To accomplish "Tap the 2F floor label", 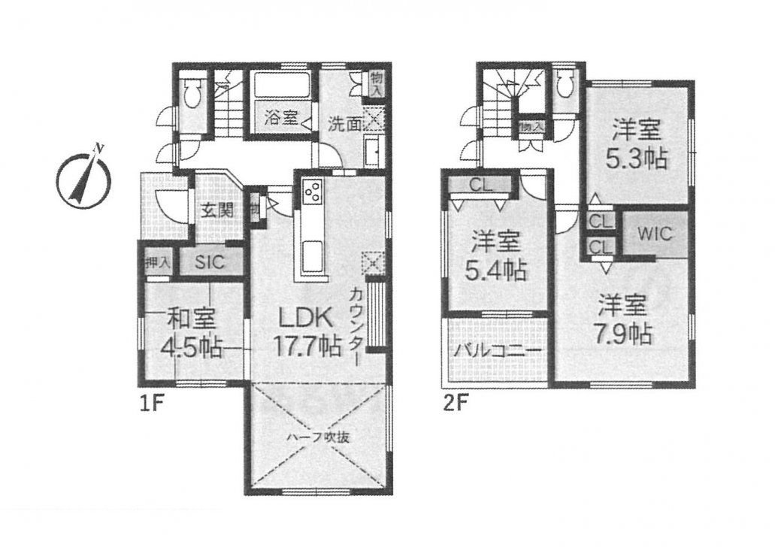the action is (x=455, y=404).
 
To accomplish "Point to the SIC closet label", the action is (x=210, y=262).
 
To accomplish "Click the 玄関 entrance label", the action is (x=217, y=211).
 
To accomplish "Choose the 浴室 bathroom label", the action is (x=280, y=118).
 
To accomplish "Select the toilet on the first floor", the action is (x=192, y=95).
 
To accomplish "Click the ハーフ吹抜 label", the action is (x=319, y=437).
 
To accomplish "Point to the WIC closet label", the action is (x=655, y=233).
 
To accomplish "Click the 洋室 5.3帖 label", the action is (x=637, y=144).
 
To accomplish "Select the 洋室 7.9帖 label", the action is (x=622, y=319).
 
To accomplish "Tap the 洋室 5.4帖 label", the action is (x=495, y=255).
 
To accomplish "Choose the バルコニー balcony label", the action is (x=497, y=352).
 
